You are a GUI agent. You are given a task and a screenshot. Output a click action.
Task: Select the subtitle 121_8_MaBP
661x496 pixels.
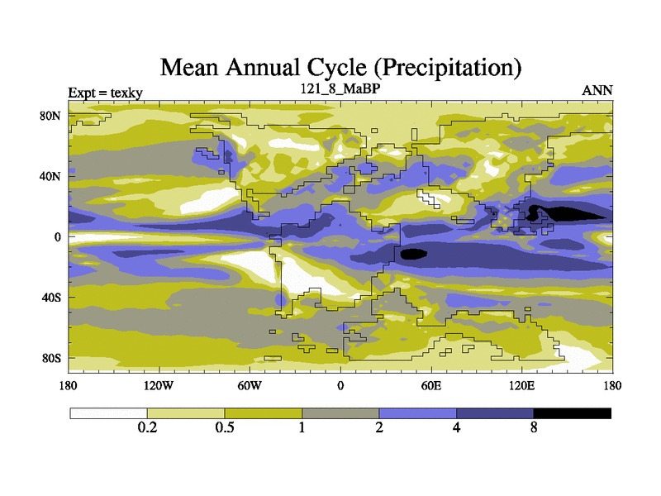(x=340, y=88)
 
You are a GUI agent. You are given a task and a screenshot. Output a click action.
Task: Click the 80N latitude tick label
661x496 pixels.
(x=51, y=116)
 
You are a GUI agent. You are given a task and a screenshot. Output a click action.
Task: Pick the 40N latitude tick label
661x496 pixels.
(x=51, y=176)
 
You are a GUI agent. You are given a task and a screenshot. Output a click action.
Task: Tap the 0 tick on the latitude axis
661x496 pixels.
(x=58, y=236)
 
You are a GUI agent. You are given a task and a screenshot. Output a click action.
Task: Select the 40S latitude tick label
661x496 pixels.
(x=51, y=297)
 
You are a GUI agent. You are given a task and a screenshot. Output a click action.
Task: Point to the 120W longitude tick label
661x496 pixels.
(x=158, y=385)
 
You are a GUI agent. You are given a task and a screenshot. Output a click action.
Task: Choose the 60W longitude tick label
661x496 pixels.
(x=249, y=385)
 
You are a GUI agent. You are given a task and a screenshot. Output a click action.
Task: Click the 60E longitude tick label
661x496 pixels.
(x=430, y=385)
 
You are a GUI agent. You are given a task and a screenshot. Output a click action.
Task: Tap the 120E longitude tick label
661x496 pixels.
(x=521, y=385)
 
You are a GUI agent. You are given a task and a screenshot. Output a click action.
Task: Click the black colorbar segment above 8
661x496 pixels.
(x=573, y=413)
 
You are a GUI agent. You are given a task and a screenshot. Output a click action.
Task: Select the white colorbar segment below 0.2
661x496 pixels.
(x=108, y=413)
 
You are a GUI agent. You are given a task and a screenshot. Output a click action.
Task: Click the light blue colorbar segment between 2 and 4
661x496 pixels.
(x=417, y=413)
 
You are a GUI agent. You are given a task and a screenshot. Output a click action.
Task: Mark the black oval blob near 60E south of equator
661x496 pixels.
(x=412, y=254)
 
